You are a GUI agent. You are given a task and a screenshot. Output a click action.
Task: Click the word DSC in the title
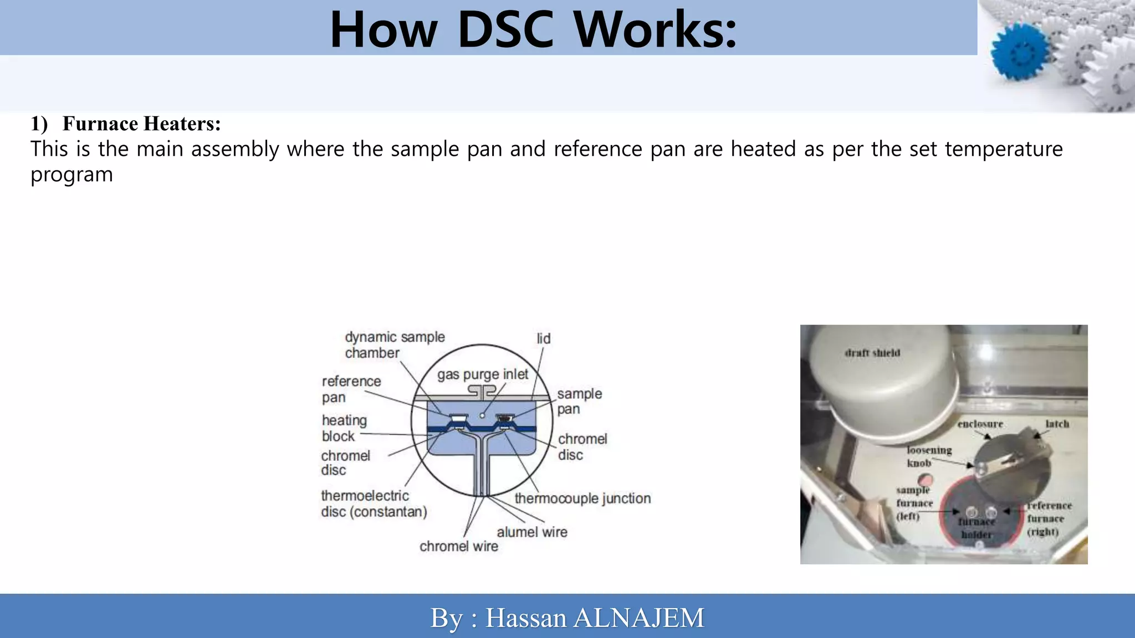click(x=505, y=30)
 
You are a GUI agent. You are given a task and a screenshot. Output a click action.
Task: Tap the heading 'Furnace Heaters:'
click(x=141, y=124)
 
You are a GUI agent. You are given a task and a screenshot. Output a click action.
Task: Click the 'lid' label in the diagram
click(x=543, y=338)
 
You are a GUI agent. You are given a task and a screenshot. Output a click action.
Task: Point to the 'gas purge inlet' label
click(x=482, y=374)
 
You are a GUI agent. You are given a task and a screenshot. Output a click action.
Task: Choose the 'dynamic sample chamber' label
click(x=394, y=345)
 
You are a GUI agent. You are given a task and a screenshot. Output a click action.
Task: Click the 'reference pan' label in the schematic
click(x=351, y=389)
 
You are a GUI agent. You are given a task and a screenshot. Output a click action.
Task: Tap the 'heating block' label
click(x=344, y=428)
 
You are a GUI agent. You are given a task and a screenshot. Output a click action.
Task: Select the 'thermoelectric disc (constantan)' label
click(x=374, y=503)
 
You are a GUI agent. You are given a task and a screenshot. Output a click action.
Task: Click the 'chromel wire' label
click(x=458, y=547)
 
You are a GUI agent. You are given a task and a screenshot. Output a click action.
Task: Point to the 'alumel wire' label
click(x=531, y=532)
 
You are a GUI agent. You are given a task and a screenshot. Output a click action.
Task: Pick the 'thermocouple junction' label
click(x=582, y=498)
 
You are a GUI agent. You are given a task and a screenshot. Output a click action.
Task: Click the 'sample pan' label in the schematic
click(x=579, y=402)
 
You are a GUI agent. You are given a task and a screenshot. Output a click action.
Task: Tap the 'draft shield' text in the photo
click(x=872, y=353)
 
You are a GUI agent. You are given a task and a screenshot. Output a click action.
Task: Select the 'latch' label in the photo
click(x=1057, y=424)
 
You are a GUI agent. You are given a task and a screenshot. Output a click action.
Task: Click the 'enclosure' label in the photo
click(x=980, y=424)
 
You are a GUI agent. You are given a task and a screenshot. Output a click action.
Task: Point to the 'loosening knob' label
click(x=928, y=456)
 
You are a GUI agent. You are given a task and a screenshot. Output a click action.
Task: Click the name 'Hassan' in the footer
click(x=525, y=618)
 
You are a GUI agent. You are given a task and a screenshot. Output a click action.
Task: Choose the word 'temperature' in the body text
click(x=1004, y=149)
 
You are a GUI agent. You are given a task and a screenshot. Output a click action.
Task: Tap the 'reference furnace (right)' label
click(x=1049, y=519)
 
